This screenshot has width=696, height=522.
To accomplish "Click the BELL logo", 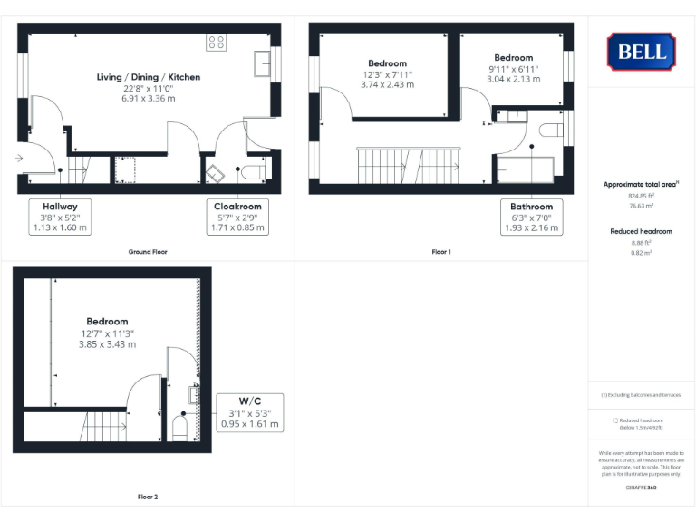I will point(642,51).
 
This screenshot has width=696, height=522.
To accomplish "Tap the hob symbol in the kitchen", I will point(216,42).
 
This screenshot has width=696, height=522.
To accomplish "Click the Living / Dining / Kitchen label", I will point(149,77).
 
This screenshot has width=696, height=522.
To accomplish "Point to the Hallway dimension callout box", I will point(60,217).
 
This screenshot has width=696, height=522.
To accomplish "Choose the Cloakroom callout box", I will point(237,217).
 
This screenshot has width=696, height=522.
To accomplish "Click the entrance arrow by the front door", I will point(20,158).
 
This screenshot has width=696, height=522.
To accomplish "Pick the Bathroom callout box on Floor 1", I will point(531,217).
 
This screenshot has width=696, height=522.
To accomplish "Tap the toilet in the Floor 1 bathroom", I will point(551,130).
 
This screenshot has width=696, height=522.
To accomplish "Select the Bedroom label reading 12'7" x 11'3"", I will point(107,333).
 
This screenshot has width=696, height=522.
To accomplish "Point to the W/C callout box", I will point(250,412).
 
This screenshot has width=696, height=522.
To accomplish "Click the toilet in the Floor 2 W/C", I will point(179,427).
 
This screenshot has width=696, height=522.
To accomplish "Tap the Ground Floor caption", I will point(147,251).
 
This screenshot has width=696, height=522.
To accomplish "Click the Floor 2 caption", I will point(147,497).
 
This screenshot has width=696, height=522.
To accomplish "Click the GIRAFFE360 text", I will point(641,488).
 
